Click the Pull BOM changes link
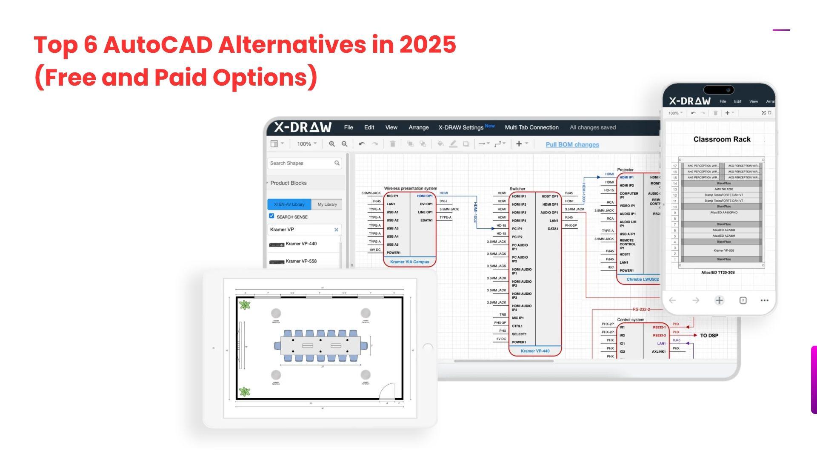point(572,144)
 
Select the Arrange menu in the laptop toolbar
point(418,127)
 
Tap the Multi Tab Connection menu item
point(531,127)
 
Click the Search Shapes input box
point(301,163)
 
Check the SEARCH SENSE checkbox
point(271,216)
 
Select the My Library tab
point(327,204)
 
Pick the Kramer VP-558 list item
point(301,261)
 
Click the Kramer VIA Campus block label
point(409,262)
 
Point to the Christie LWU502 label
point(642,279)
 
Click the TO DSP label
point(709,336)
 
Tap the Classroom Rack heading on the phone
point(722,139)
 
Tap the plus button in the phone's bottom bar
point(719,300)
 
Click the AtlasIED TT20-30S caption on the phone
point(718,272)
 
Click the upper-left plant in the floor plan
point(245,305)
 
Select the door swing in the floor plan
point(388,391)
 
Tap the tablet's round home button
point(428,348)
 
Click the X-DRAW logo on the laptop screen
point(303,127)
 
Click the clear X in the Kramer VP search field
point(336,230)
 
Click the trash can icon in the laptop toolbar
point(392,144)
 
